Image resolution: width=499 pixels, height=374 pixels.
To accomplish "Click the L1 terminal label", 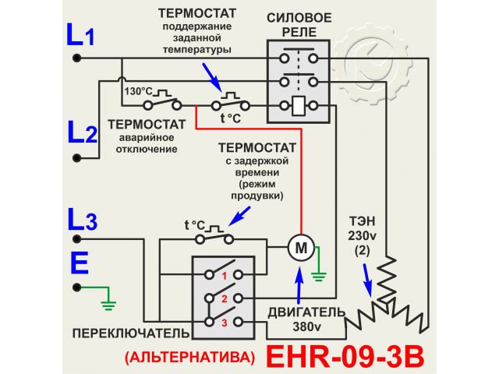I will coord(80,36).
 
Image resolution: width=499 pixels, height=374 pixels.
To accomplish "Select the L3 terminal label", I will coord(81,221).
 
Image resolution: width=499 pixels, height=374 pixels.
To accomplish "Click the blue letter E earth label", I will coord(79,263).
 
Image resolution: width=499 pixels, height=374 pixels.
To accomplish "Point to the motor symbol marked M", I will coord(299,249).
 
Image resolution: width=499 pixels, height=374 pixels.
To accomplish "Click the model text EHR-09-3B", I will coord(346,356).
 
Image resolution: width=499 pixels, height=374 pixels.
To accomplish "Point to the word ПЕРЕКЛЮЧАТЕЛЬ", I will coord(130,333).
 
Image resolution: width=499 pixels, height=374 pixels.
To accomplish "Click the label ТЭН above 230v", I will coord(362,222).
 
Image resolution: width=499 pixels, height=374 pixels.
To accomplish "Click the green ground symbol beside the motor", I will coord(318,273).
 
